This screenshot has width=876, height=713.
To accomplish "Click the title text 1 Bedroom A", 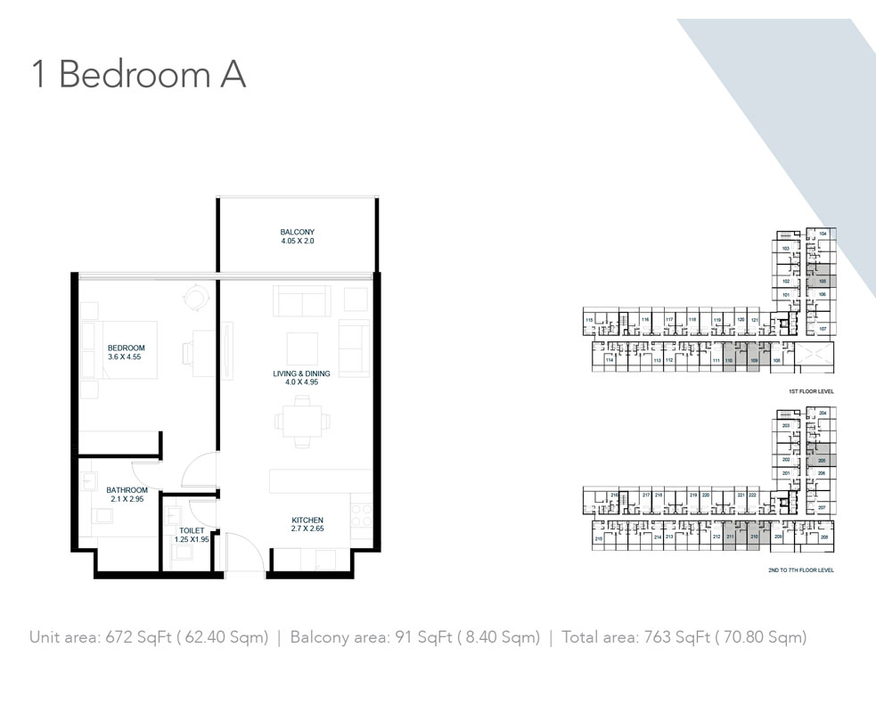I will pyautogui.click(x=138, y=75).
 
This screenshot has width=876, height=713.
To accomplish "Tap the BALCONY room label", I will pyautogui.click(x=297, y=233).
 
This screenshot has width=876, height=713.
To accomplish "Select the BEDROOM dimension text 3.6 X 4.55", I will pyautogui.click(x=125, y=356).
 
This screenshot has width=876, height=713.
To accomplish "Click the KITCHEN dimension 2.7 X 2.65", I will pyautogui.click(x=307, y=529).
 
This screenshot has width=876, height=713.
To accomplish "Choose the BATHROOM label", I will pyautogui.click(x=127, y=490).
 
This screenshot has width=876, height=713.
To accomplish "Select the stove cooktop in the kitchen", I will pyautogui.click(x=361, y=514).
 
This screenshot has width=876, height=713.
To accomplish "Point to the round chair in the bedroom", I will pyautogui.click(x=193, y=294).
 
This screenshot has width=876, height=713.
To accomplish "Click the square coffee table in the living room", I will pyautogui.click(x=302, y=348).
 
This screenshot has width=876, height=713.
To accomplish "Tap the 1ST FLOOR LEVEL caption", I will pyautogui.click(x=810, y=391).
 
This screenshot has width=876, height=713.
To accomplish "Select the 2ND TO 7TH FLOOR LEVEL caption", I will pyautogui.click(x=800, y=570).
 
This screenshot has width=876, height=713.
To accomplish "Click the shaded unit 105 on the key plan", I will pyautogui.click(x=822, y=280).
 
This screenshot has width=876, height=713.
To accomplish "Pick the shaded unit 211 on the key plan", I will pyautogui.click(x=730, y=537).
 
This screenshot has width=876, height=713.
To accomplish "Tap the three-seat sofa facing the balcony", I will pyautogui.click(x=302, y=301).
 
